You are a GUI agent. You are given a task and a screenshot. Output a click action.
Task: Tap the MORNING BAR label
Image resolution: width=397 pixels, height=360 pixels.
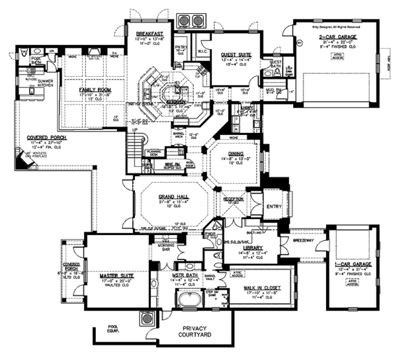coord(166,249)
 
